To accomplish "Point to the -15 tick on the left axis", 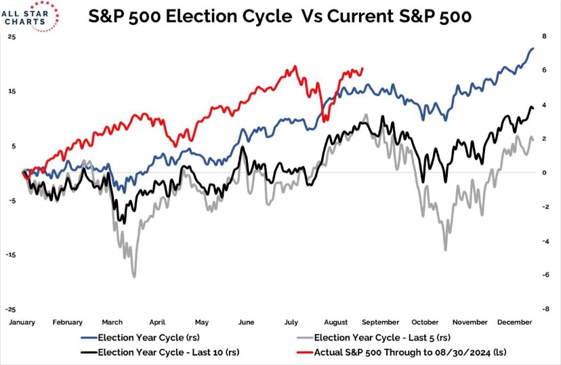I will coord(11,255).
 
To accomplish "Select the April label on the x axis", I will coord(157,322).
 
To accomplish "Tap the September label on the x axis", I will coord(381,322).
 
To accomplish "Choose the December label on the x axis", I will coord(514,322).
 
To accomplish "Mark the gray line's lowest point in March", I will coord(134,276).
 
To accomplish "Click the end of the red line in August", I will coord(362,68).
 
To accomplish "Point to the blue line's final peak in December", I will coord(533,48).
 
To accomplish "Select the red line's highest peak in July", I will coord(295,66).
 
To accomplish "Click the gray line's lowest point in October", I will coord(445,250).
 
